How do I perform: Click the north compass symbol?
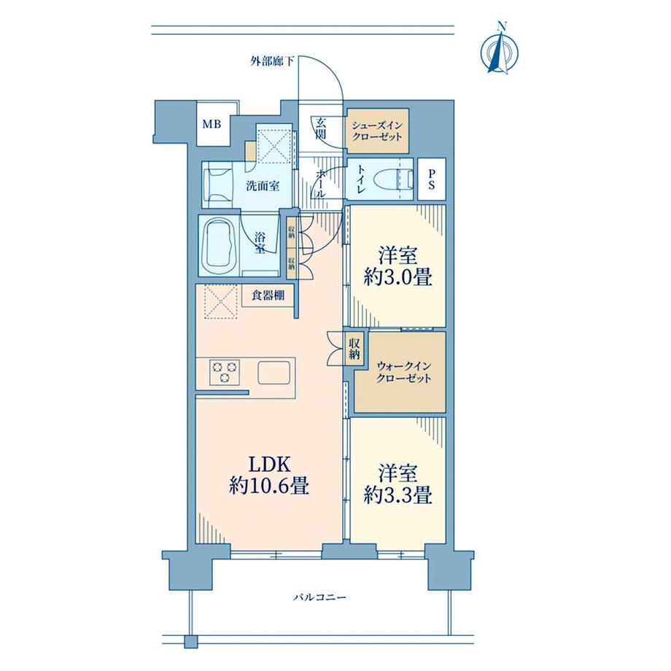click(500, 50)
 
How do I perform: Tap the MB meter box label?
click(212, 125)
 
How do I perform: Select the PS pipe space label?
click(431, 179)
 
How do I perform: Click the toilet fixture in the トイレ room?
click(395, 179)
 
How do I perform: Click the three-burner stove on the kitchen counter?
click(225, 372)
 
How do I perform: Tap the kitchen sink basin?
click(274, 373)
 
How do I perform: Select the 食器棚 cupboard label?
click(268, 295)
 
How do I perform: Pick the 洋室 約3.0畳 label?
click(397, 267)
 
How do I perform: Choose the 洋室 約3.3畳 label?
click(397, 484)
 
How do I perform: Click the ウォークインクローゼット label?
click(403, 372)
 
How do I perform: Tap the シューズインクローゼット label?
click(377, 131)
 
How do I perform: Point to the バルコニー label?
click(319, 597)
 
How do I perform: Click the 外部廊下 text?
click(272, 61)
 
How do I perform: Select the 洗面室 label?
click(263, 186)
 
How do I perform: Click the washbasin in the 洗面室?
click(217, 185)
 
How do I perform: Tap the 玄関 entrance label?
click(321, 128)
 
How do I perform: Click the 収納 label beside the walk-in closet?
click(354, 349)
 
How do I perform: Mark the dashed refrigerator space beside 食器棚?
click(220, 303)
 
